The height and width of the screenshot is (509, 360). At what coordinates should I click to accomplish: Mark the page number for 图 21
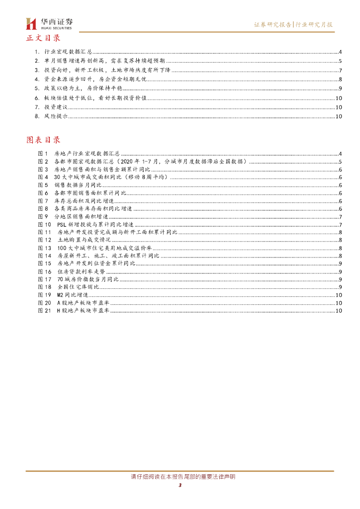pos(338,311)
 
